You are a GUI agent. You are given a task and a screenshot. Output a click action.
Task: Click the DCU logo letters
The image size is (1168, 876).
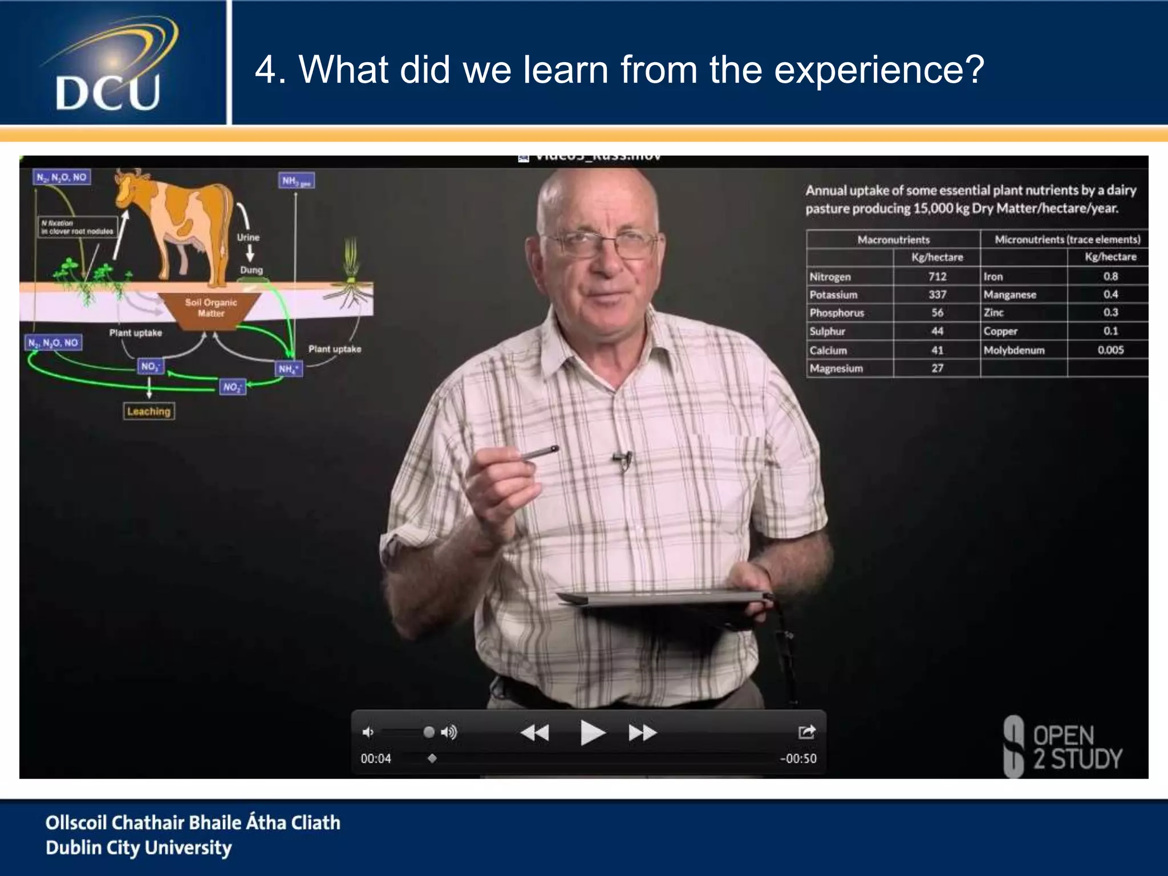point(108,93)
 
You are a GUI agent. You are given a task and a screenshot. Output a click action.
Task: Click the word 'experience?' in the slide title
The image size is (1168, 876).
point(879,70)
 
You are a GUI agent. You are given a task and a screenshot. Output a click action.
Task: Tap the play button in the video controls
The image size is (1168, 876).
point(591,732)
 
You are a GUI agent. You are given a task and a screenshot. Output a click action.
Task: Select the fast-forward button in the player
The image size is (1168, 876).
point(643,732)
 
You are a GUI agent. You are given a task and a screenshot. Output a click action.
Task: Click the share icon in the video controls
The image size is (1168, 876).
point(806,732)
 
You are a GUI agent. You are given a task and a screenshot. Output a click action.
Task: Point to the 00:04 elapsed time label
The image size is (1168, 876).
point(376,759)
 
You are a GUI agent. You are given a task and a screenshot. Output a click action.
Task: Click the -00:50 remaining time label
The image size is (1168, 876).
point(798,759)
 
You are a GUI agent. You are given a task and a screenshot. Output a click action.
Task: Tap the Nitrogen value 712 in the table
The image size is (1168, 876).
point(937,277)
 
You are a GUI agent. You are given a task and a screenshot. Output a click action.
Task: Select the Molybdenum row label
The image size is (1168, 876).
point(1013,350)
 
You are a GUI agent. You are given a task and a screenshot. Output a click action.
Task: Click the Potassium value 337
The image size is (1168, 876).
point(937,295)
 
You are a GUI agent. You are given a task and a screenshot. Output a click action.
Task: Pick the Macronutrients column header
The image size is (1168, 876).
point(893,240)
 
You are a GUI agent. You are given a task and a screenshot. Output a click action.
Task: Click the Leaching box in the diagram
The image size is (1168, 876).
point(149,411)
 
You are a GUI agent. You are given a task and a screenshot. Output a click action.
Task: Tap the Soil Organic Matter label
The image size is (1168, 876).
point(210,307)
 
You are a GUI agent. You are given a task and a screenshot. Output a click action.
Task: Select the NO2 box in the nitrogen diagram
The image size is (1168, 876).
point(232,387)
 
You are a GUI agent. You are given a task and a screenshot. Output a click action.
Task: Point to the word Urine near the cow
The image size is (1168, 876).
point(248,237)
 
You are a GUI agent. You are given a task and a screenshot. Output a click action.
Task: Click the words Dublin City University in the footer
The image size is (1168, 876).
point(139,847)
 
